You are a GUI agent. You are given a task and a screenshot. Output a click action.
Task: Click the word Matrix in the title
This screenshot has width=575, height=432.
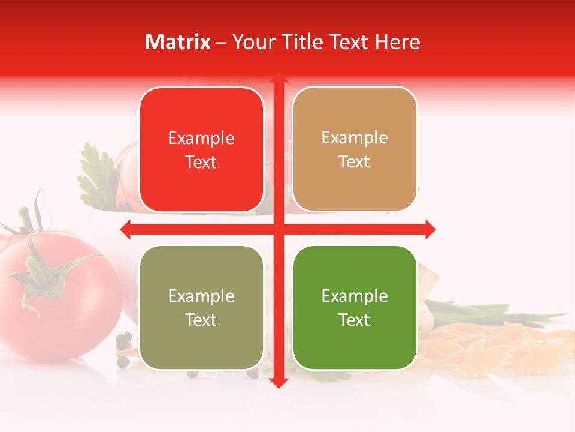tap(178, 42)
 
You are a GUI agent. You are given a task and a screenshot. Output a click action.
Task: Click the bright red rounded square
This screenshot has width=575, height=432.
tap(201, 150)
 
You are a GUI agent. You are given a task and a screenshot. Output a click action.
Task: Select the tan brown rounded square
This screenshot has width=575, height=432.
tap(355, 149)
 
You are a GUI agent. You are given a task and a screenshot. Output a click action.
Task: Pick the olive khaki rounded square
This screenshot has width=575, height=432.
tap(201, 307)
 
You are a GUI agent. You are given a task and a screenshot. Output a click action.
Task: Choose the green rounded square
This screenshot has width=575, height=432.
tap(355, 307)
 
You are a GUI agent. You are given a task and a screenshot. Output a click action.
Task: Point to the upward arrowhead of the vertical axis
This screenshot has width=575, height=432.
tap(278, 79)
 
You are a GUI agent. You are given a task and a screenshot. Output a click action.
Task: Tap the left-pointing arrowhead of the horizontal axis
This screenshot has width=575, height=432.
tap(126, 229)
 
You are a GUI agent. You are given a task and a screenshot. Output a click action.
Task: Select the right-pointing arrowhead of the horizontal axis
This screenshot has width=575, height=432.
tap(429, 229)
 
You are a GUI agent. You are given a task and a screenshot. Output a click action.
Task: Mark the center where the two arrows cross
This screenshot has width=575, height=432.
tap(278, 229)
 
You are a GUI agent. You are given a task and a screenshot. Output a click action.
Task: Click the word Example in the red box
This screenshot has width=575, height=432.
tap(201, 139)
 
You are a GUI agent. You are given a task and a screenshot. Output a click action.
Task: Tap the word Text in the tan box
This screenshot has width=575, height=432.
tap(355, 162)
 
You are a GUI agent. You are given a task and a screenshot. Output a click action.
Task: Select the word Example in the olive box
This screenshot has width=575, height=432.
tap(201, 296)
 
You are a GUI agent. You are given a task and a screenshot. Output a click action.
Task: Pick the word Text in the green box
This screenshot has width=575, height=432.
tap(355, 320)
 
